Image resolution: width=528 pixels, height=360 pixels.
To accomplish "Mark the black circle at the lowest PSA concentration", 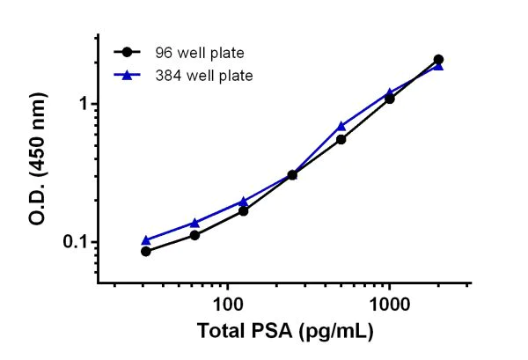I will pos(146,251).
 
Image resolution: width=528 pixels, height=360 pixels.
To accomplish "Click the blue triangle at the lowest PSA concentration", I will pos(146,239).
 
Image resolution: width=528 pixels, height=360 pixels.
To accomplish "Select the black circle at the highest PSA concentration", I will pos(438,60).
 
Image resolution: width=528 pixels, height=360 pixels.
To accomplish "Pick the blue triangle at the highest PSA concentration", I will pos(438,66).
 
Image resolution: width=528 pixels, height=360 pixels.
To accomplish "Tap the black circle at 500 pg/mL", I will pos(341,139).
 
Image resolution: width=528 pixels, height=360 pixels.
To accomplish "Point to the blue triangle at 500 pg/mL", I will pos(341,126).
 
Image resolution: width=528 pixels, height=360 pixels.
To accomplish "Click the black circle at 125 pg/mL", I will pos(243,210).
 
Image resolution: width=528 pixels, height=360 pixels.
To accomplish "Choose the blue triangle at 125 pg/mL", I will pos(243,201).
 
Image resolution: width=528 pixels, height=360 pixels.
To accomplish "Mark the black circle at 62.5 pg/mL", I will pos(194,235).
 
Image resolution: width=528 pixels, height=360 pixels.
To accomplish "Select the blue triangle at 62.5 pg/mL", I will pos(194,223).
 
